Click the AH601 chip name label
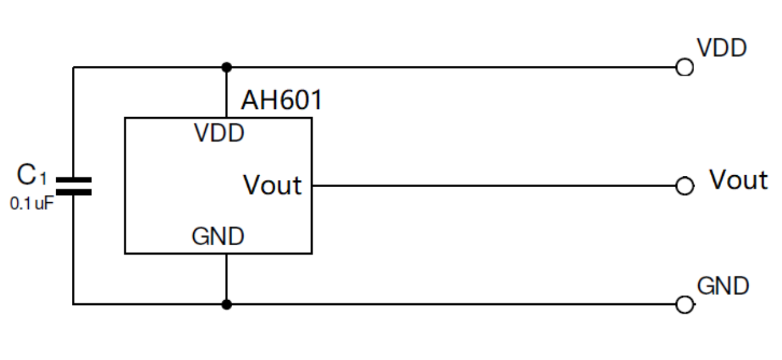coord(281,100)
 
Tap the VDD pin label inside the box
coord(220,133)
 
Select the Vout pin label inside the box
coord(272,185)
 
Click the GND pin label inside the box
coord(218,237)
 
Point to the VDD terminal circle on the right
coord(684,68)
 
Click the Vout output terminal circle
coord(684,186)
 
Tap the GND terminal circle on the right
coord(684,305)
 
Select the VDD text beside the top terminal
coord(722,48)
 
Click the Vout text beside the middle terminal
coord(738,179)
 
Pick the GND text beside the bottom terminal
coord(723,286)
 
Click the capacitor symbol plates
coord(74,186)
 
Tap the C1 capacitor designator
coord(31,176)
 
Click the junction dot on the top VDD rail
coord(226,66)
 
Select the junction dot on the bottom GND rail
coord(226,304)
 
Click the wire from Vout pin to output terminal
coord(491,185)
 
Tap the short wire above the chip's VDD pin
coord(226,93)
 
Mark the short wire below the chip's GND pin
coord(226,279)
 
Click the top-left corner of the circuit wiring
coord(74,67)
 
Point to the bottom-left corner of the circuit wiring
coord(74,304)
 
